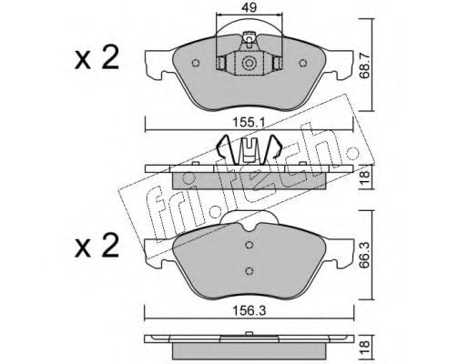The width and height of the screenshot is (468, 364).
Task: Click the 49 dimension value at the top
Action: point(249,7)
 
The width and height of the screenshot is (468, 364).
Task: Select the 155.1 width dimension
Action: point(249,123)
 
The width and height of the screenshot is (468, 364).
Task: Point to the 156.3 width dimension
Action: point(249,311)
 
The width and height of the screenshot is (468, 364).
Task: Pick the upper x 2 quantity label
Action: point(97,57)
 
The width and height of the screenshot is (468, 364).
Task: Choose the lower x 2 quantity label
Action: point(97,246)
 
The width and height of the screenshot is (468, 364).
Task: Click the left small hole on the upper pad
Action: point(196,63)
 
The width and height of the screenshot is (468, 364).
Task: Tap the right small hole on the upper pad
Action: point(302,63)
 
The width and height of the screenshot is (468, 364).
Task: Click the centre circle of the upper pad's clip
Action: point(249,64)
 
